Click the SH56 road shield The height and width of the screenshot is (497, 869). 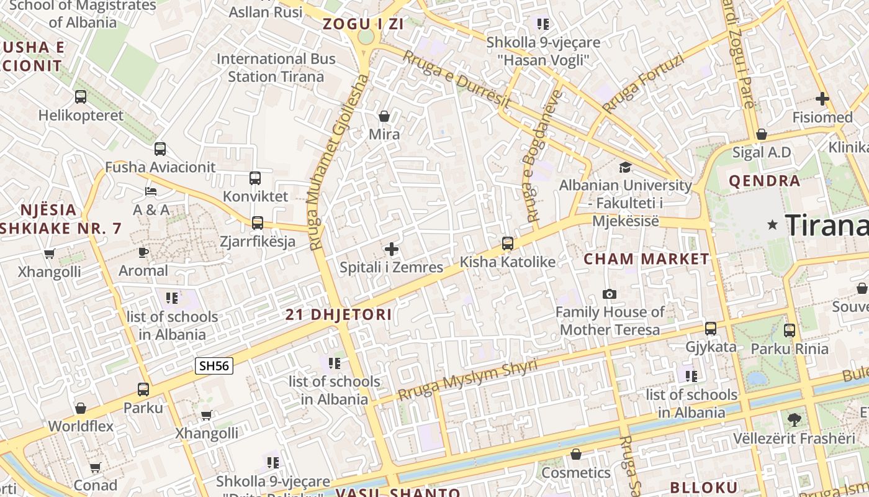point(214,366)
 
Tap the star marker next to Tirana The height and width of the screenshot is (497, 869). point(772,225)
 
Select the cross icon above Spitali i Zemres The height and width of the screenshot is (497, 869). point(391,249)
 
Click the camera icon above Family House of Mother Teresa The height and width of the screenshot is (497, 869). point(610,294)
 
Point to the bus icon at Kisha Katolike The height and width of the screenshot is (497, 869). point(507,244)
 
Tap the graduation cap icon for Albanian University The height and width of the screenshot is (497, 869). point(625,167)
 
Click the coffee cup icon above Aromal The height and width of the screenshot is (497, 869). point(143,252)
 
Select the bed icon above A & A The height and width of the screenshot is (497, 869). point(151,191)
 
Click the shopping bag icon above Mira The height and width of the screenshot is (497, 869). point(384,116)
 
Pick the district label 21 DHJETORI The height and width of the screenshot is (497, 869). point(339,315)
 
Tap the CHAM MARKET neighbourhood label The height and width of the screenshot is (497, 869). point(646,259)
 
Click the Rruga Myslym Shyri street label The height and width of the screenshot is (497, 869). point(467,380)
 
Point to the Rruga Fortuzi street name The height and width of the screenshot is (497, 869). point(642,84)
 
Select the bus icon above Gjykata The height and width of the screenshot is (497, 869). point(710,329)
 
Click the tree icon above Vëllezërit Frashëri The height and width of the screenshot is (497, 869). point(794,420)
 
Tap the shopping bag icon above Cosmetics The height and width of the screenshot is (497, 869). point(576,455)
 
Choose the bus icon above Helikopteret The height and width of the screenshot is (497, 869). point(81,97)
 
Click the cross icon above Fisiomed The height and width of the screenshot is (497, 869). point(822,99)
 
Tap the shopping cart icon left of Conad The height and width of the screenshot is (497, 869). point(95,467)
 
